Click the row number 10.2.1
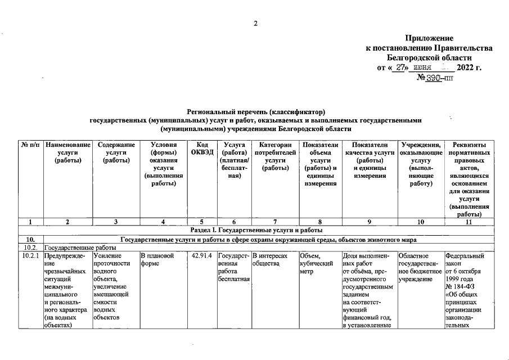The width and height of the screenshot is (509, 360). click(x=31, y=256)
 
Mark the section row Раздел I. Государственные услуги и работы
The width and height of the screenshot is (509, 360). click(x=255, y=230)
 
